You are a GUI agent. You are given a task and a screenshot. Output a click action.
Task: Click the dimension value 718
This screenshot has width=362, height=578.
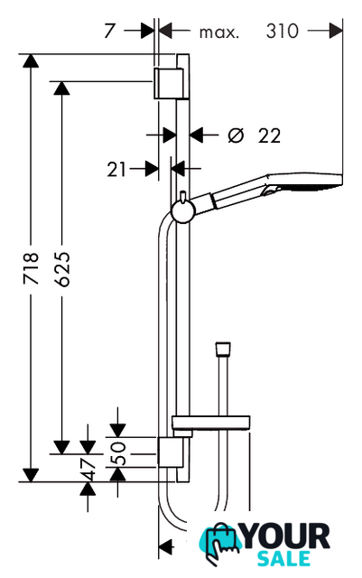point(31,268)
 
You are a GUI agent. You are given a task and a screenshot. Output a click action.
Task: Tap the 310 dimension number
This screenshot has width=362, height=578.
point(282,31)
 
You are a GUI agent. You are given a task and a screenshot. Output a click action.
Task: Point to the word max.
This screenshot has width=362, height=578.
point(219,33)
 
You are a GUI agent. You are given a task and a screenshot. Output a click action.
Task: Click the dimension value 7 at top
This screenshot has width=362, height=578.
point(109,31)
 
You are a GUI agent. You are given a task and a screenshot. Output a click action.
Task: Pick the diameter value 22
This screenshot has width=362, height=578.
point(269,135)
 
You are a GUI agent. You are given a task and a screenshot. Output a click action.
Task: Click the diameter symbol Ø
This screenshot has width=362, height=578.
point(236,135)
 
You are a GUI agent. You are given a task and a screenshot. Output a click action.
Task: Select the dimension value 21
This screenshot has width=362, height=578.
point(116,170)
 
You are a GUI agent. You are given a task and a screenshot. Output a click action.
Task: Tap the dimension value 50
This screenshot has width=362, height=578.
point(119,453)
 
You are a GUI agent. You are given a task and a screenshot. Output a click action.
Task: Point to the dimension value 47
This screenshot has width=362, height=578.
point(88,470)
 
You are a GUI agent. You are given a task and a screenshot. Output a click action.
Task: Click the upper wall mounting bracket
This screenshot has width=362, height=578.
point(169,83)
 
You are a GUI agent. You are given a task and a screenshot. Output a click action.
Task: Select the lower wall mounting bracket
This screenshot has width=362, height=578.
point(171,452)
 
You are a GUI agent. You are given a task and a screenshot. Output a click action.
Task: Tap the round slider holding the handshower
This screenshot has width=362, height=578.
point(183,212)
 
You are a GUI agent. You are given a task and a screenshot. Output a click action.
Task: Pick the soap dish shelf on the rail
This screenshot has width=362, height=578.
point(211,423)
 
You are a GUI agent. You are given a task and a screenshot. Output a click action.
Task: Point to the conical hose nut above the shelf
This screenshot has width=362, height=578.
point(223,350)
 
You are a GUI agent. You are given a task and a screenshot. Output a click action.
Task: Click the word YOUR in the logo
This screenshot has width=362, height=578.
point(285,536)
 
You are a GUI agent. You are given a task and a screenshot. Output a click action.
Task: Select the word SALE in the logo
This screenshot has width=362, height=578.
point(283,558)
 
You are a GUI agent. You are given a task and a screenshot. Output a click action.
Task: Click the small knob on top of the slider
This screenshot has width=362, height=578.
point(182,197)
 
